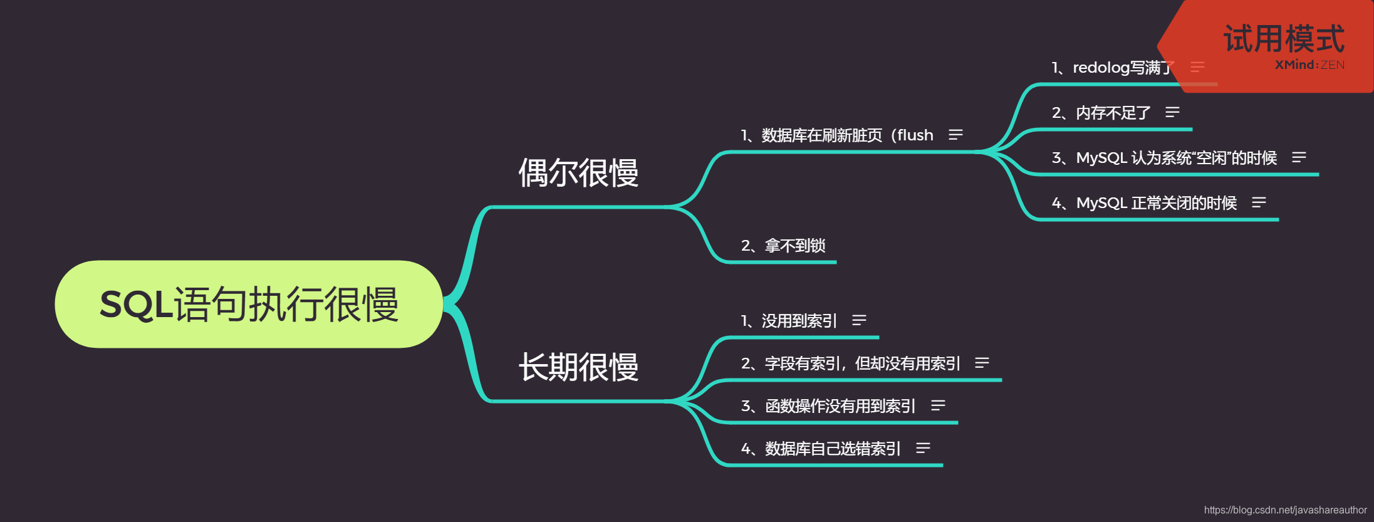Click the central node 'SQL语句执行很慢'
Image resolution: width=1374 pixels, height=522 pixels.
click(x=249, y=305)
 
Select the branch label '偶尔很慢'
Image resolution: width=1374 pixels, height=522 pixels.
click(x=578, y=173)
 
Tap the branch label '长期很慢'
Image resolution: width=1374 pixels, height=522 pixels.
click(x=578, y=367)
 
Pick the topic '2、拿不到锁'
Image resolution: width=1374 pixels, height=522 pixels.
click(x=783, y=246)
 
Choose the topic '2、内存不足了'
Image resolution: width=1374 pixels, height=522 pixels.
click(x=1101, y=113)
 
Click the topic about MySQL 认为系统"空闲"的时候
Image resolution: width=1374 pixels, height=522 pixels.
click(x=1163, y=158)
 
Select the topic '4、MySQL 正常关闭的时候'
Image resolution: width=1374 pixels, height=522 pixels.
click(x=1143, y=203)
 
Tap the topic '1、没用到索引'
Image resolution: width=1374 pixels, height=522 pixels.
click(x=788, y=321)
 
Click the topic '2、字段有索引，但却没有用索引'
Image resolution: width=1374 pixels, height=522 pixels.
click(x=850, y=363)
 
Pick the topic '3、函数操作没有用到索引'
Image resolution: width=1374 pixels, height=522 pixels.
click(x=828, y=406)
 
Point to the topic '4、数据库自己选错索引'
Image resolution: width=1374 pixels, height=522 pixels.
click(x=820, y=449)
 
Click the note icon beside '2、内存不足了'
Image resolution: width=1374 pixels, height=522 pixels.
click(x=1172, y=112)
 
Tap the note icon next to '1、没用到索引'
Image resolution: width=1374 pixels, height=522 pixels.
click(x=859, y=320)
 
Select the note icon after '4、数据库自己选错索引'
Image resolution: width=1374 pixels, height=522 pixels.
click(x=923, y=448)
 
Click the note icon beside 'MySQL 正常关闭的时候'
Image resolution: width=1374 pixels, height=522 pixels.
click(x=1259, y=202)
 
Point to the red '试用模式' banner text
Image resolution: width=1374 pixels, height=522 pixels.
click(x=1284, y=39)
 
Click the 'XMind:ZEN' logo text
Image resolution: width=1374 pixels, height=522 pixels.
click(x=1309, y=65)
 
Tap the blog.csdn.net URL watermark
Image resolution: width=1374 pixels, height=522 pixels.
click(x=1285, y=510)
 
